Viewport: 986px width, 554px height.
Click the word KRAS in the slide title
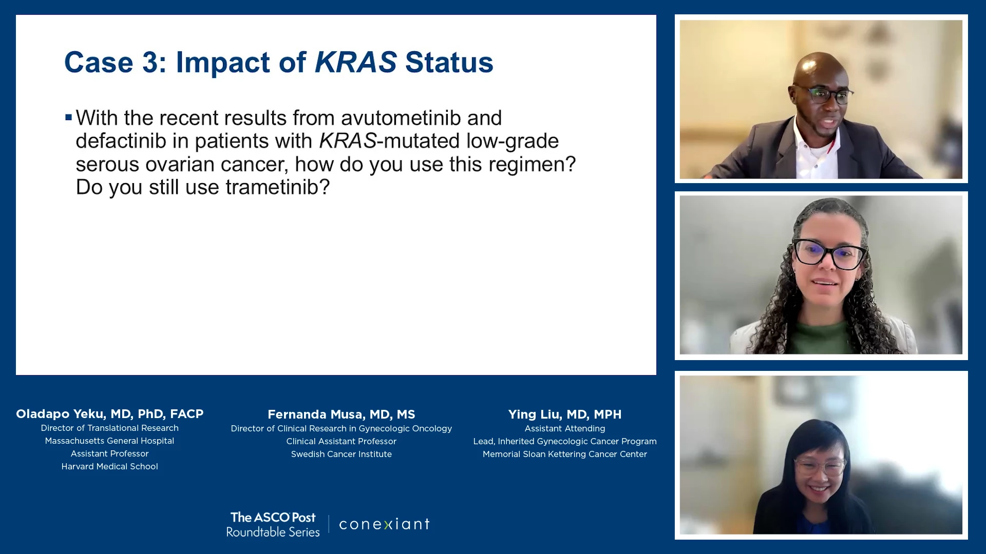click(x=355, y=62)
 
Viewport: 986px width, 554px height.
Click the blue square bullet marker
click(x=68, y=117)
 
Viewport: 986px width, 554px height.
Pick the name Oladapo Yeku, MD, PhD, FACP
click(x=110, y=414)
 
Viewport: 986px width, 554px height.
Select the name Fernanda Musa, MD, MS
click(x=342, y=414)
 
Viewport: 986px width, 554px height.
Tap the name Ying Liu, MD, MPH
click(x=565, y=414)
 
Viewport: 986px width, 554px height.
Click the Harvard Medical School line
click(x=110, y=466)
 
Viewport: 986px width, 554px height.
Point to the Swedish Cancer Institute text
click(x=342, y=454)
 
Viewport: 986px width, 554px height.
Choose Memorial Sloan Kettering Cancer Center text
click(x=565, y=454)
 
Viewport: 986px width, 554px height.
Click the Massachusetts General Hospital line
click(x=110, y=441)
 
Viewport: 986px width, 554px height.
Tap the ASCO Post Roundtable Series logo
click(x=273, y=524)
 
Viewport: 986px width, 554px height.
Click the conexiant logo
click(x=385, y=524)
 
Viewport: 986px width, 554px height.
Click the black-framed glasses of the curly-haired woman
click(x=830, y=254)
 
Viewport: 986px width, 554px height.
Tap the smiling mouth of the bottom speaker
click(x=819, y=489)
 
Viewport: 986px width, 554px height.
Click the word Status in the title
click(x=449, y=62)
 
